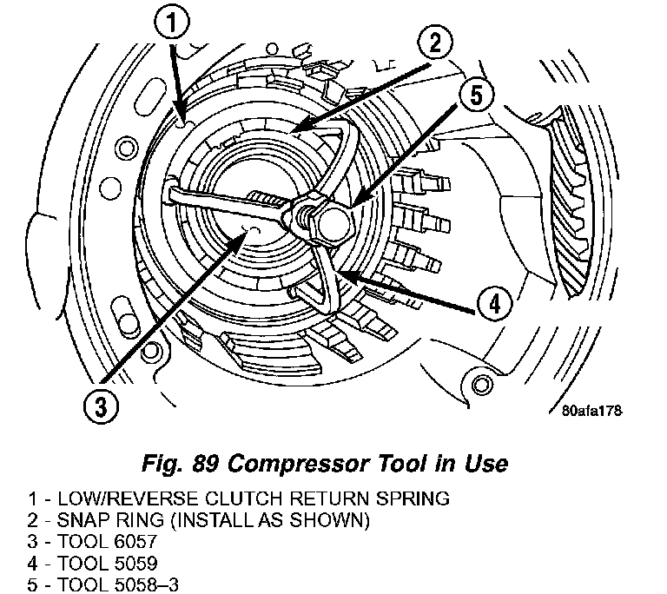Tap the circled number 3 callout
point(102,405)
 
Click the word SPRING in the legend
point(415,499)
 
